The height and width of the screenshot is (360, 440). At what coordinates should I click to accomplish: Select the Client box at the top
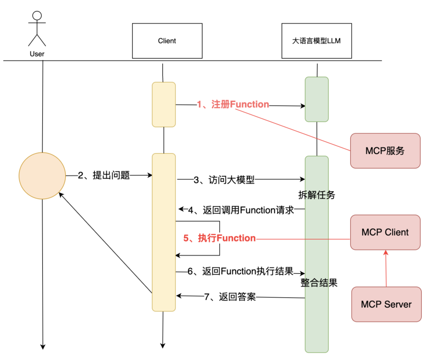click(x=167, y=41)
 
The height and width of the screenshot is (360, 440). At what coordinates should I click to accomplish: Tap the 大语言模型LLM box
click(x=316, y=40)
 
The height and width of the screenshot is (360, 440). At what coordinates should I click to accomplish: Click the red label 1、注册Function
click(x=233, y=104)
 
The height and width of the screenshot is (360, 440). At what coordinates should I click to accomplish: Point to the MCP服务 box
click(x=385, y=150)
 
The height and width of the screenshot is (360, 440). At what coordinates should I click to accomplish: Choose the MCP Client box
click(x=385, y=232)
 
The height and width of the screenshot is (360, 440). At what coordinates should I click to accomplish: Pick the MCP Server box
click(x=386, y=304)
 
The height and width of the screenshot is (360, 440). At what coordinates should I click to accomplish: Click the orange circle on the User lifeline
click(x=42, y=176)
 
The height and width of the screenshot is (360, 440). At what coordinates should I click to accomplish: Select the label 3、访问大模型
click(x=223, y=180)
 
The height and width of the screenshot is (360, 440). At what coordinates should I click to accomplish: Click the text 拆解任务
click(x=317, y=195)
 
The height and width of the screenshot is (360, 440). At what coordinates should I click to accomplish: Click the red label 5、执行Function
click(x=219, y=238)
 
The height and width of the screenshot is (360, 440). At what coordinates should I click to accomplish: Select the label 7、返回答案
click(x=229, y=297)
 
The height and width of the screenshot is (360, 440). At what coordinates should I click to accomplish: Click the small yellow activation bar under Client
click(x=163, y=104)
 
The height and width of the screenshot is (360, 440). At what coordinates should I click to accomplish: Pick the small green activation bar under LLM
click(x=316, y=99)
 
